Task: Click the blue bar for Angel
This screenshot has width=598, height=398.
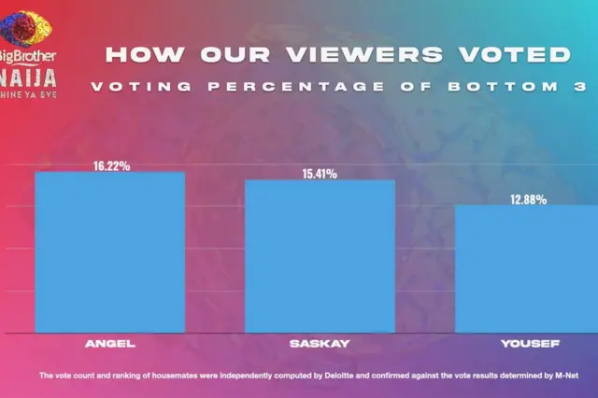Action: (109, 252)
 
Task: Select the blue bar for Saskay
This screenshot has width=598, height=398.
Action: (320, 256)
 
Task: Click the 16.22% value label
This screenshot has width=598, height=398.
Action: (111, 165)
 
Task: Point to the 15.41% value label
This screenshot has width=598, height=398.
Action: (319, 173)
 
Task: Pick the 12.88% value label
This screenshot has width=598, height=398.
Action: (528, 199)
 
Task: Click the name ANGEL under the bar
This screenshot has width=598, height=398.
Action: (110, 344)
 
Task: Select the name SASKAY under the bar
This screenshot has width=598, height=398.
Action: (320, 344)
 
